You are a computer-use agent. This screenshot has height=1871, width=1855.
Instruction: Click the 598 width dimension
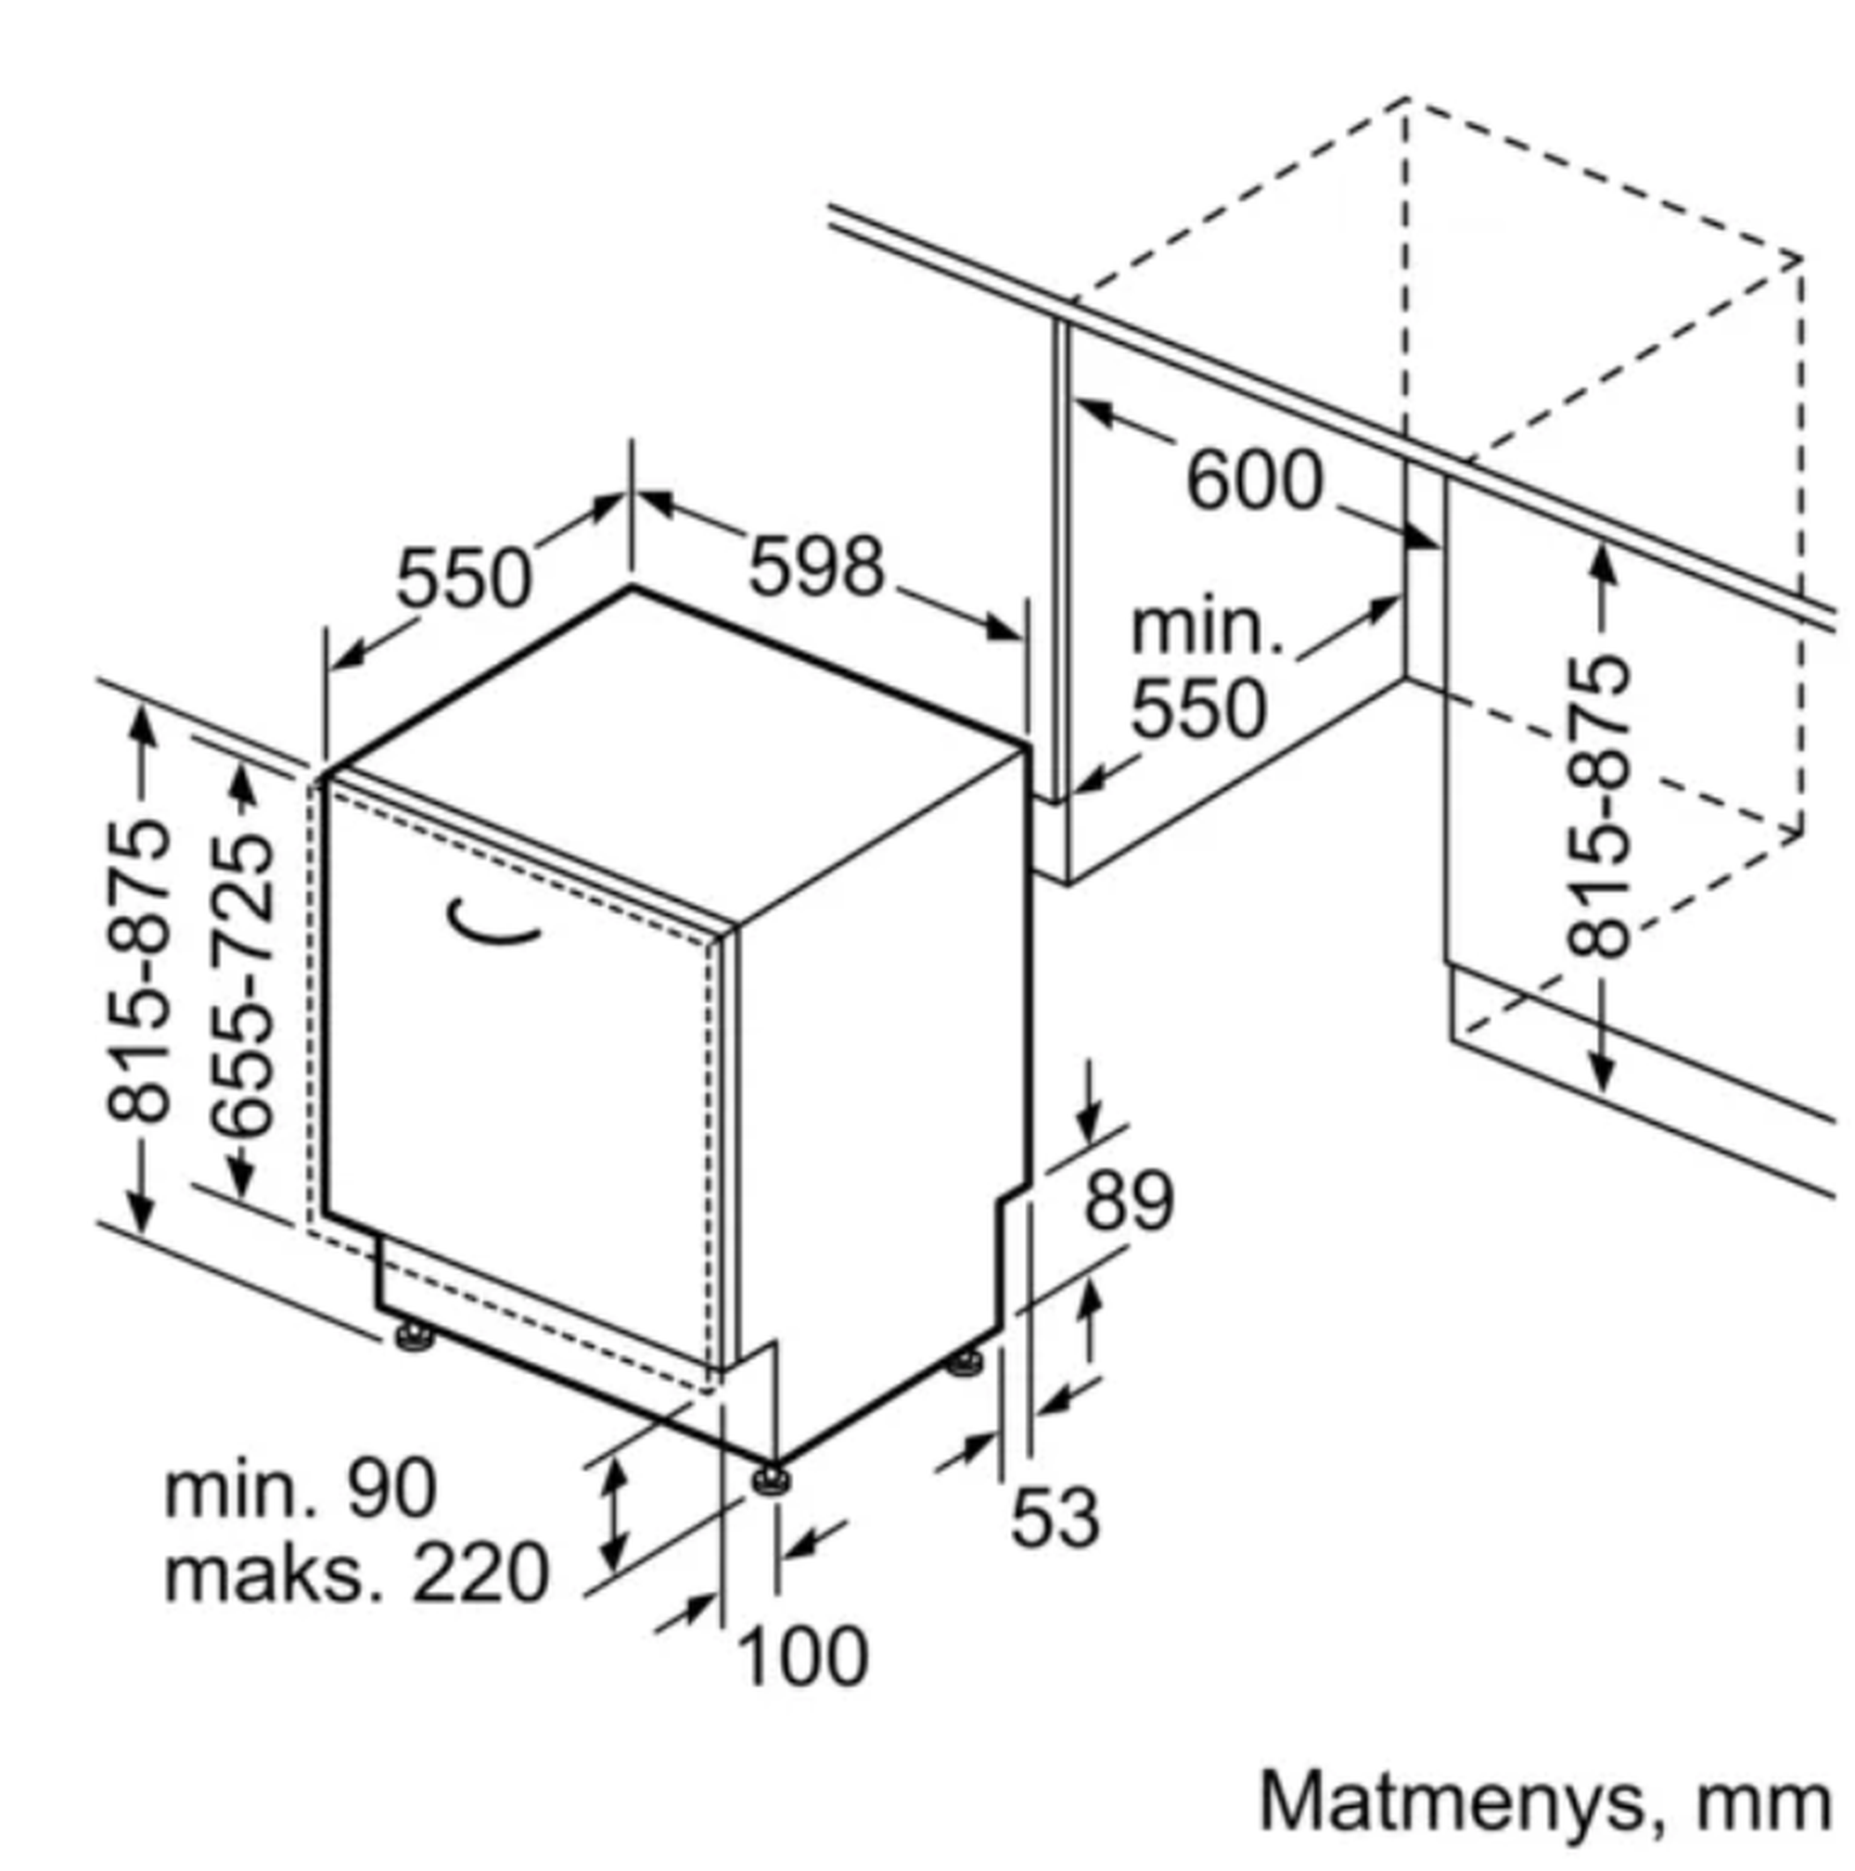[815, 567]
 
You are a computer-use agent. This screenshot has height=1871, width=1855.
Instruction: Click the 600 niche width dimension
[1253, 480]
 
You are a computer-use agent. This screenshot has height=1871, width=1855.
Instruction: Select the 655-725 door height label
[242, 983]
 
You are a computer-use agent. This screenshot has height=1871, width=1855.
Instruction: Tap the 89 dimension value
[1128, 1202]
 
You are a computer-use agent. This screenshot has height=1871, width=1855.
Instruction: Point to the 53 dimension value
[1055, 1517]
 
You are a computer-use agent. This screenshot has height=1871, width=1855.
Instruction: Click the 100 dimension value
[803, 1657]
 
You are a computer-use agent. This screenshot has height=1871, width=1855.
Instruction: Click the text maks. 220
[356, 1573]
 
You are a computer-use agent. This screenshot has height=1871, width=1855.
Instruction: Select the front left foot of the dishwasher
[414, 1337]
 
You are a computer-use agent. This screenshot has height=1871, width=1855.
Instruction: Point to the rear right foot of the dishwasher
[964, 1363]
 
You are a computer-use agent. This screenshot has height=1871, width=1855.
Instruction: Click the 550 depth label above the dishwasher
[464, 578]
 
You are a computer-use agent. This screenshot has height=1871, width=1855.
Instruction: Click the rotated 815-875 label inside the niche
[1598, 808]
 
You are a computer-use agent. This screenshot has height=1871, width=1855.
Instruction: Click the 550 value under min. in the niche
[1199, 708]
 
